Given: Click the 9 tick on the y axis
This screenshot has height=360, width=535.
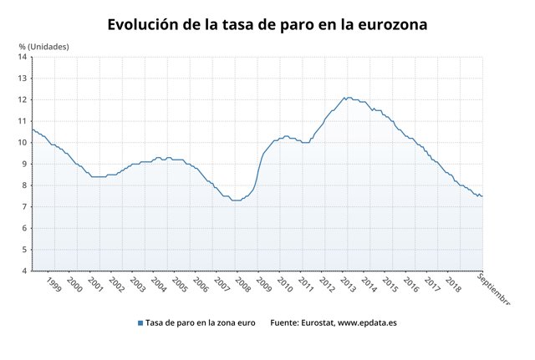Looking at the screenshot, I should [x=24, y=164].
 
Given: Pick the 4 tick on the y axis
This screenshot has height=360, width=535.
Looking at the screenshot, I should [x=24, y=271].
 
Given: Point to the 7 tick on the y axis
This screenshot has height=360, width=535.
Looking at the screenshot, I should [x=24, y=206].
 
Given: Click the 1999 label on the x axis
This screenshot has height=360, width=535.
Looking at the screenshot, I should [x=53, y=284].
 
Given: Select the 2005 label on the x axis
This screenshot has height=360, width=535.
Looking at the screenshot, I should [x=179, y=284].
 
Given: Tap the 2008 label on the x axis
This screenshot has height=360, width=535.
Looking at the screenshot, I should [x=242, y=284].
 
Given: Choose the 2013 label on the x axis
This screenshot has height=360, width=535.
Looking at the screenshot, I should [x=347, y=284].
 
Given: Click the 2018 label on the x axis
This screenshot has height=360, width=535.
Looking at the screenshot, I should [x=452, y=284].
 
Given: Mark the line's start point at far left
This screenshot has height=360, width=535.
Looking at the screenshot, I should [x=32, y=129].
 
